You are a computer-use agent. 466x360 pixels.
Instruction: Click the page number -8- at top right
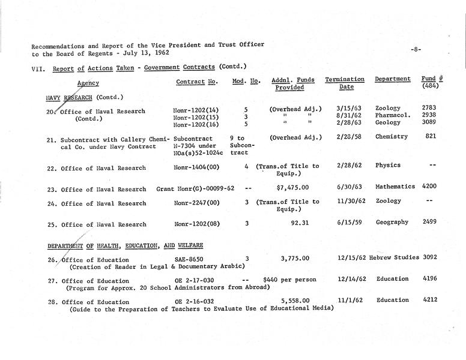pos(416,50)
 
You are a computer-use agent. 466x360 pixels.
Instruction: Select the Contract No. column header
pos(196,82)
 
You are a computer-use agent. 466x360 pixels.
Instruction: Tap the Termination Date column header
pos(345,83)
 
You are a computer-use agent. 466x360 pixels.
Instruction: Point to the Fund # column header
pos(431,82)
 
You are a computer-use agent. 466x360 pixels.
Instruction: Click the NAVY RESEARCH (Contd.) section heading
pos(84,97)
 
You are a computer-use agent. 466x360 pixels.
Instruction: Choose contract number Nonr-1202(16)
pos(196,124)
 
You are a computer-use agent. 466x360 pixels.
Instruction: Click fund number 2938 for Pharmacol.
pos(429,115)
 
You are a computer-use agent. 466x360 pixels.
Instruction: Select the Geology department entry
pos(387,122)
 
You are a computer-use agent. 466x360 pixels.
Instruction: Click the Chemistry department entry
pos(391,137)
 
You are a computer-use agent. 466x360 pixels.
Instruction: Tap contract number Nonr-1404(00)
pos(196,166)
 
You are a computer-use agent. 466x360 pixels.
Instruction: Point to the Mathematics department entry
pos(395,187)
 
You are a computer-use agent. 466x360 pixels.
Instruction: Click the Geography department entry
pos(392,222)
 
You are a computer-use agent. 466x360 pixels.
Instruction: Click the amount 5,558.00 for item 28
pos(295,301)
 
